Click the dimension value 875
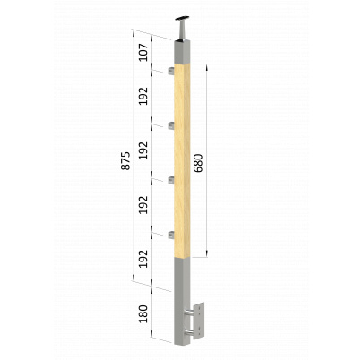click(x=125, y=161)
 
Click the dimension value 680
click(x=198, y=163)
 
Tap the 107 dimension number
click(x=144, y=53)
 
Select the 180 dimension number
click(x=144, y=314)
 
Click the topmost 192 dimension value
click(x=144, y=96)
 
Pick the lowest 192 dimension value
click(x=144, y=259)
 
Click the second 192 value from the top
click(x=144, y=150)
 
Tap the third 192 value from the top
click(x=144, y=205)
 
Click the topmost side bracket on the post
click(x=171, y=71)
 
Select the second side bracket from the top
click(x=171, y=125)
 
